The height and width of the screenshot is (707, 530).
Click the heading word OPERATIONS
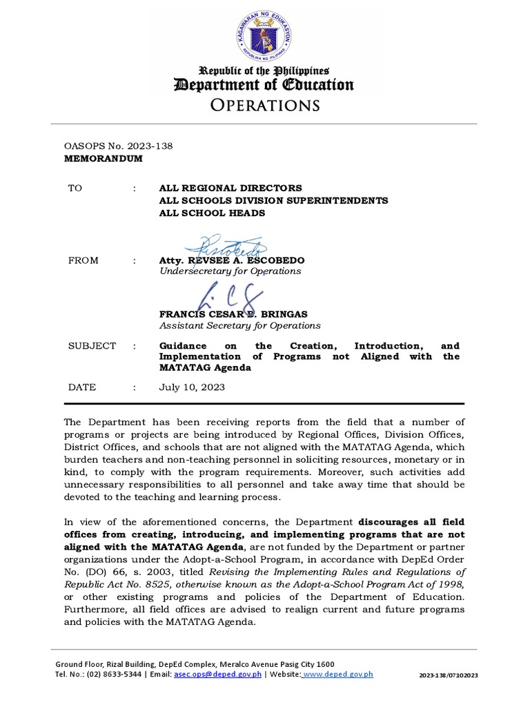[264, 105]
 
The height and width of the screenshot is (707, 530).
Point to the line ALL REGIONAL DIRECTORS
[230, 188]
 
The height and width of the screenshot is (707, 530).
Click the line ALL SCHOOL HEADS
[212, 213]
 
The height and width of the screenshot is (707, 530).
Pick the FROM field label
[83, 260]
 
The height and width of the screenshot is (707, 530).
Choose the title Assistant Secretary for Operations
[239, 325]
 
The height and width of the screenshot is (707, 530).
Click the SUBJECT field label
[92, 345]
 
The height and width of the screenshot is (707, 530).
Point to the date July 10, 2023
[191, 387]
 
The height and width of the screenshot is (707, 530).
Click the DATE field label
[81, 387]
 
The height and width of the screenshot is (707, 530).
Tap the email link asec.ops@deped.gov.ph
[217, 674]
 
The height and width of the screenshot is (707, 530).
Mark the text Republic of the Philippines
[264, 70]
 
